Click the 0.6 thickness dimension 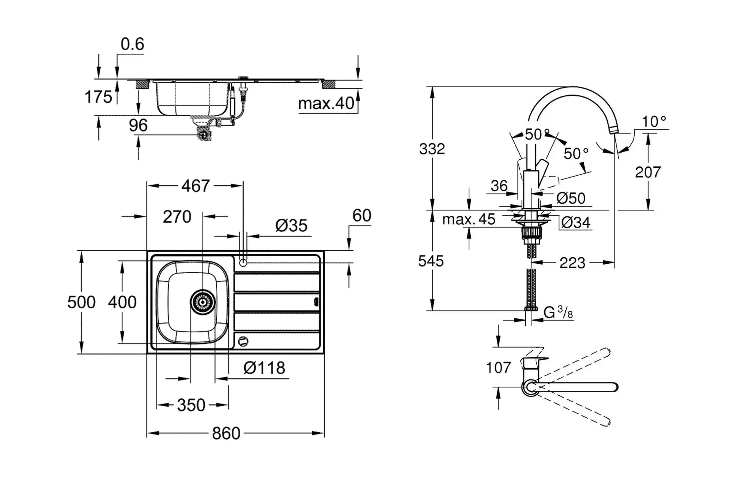tap(132, 44)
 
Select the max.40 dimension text tap(326, 103)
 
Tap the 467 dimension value tap(195, 186)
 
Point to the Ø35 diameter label tap(291, 225)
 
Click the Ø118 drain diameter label tap(264, 368)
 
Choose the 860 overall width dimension tap(226, 433)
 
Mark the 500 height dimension tap(81, 302)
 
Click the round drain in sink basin tap(203, 302)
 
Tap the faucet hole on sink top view tap(243, 263)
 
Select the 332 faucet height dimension tap(432, 149)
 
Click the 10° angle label tap(654, 122)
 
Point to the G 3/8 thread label tap(558, 312)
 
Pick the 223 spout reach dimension tap(572, 263)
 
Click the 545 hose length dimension tap(431, 261)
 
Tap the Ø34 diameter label tap(576, 222)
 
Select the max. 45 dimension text tap(469, 219)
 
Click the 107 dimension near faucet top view tap(498, 368)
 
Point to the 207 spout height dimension tap(647, 172)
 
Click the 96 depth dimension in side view tap(138, 125)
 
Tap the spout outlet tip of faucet tap(613, 131)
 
